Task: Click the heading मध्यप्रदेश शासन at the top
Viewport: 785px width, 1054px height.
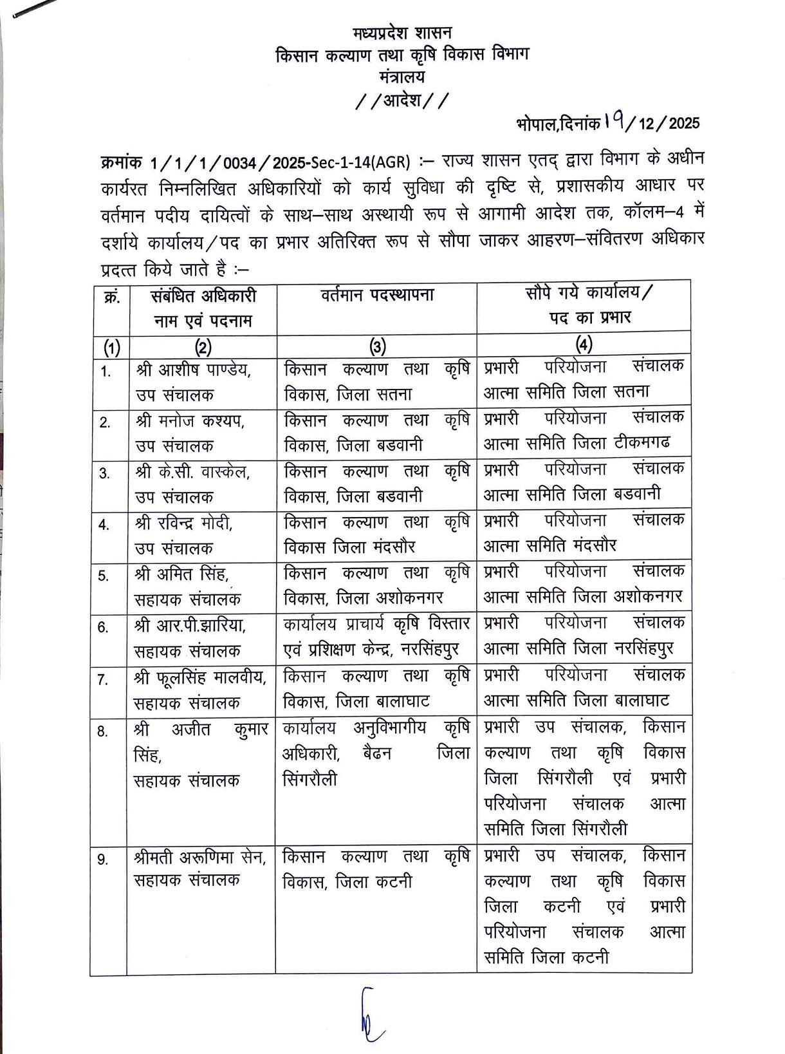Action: pyautogui.click(x=402, y=33)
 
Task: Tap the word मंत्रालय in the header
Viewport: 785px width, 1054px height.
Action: pyautogui.click(x=402, y=77)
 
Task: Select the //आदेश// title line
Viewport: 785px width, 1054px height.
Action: pyautogui.click(x=402, y=101)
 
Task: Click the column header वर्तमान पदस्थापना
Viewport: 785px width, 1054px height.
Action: pyautogui.click(x=377, y=296)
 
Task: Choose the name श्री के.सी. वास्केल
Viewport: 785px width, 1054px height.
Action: pyautogui.click(x=193, y=472)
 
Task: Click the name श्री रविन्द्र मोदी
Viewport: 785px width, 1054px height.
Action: pyautogui.click(x=184, y=523)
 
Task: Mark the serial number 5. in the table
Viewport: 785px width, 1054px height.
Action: pyautogui.click(x=104, y=576)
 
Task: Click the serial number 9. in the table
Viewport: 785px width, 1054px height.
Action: pyautogui.click(x=103, y=860)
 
